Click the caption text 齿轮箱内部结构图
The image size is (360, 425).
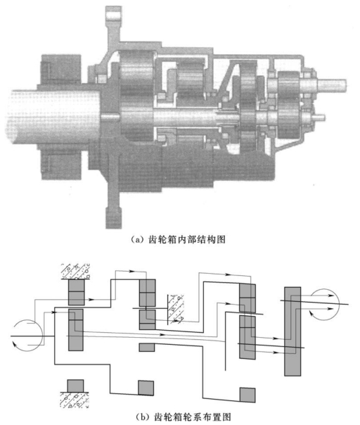187,239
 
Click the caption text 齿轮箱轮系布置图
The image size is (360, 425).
193,417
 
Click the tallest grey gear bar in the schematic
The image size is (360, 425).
292,331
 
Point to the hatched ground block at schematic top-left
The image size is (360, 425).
75,272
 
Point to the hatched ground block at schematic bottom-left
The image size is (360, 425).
74,400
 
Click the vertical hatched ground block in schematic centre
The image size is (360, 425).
176,309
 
